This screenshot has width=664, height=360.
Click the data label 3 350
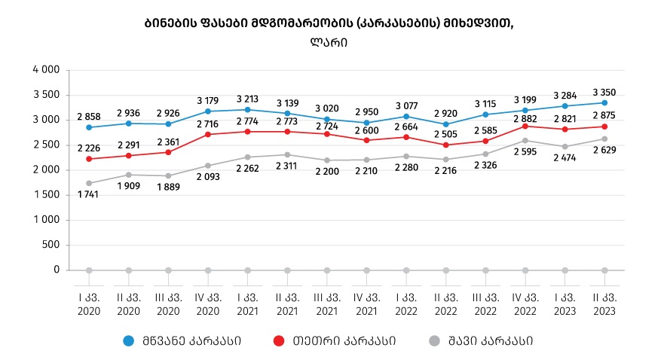tap(604, 93)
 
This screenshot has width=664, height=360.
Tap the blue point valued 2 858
tap(89, 127)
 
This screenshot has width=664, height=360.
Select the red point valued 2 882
tap(525, 126)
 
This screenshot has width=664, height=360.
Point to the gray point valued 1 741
tap(89, 183)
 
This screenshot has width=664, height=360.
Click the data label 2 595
tap(525, 151)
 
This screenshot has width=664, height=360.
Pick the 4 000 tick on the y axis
tap(47, 70)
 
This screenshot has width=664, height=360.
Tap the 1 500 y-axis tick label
tap(47, 195)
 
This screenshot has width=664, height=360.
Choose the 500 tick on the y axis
tap(51, 245)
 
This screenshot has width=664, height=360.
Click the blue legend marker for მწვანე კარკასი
tap(128, 341)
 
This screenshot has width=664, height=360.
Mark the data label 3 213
tap(248, 99)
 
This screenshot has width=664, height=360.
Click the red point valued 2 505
tap(446, 145)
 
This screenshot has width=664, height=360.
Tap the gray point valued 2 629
tap(604, 139)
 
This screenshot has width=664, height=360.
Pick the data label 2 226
tap(89, 148)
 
